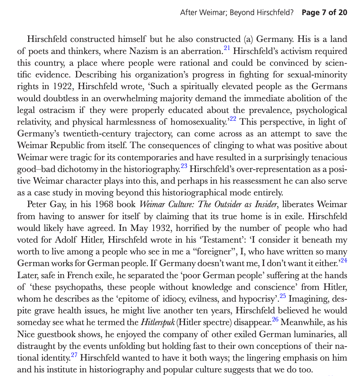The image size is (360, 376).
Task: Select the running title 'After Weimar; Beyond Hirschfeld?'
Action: click(237, 13)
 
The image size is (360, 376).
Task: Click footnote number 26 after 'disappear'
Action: click(275, 319)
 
